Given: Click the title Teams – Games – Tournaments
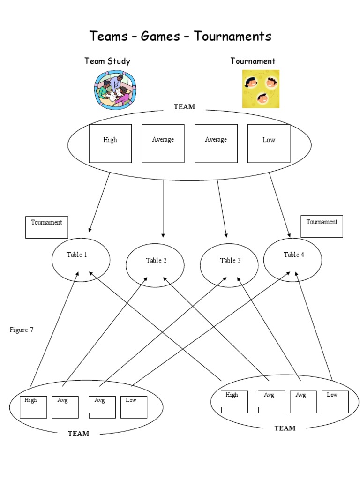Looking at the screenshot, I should click(180, 36).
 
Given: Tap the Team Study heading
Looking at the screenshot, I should click(107, 61).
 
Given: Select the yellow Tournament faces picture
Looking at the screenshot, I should click(261, 89).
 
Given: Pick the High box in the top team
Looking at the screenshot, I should click(110, 143).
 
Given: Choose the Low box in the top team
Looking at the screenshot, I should click(269, 143).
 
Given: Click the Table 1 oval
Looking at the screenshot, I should click(81, 260).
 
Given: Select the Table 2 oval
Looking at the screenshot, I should click(156, 265).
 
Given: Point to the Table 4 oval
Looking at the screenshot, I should click(293, 260).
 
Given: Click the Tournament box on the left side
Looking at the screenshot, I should click(46, 227).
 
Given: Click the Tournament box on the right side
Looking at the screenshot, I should click(322, 226).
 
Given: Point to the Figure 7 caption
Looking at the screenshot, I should click(22, 330).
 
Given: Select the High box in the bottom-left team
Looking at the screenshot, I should click(33, 407).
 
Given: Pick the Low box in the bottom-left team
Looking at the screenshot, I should click(134, 407).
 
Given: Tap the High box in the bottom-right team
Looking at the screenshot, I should click(234, 402).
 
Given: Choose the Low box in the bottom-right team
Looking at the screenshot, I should click(335, 402).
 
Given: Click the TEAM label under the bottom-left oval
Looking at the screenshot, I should click(78, 434).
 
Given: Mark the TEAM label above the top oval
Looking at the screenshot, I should click(184, 107).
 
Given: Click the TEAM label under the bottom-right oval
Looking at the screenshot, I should click(285, 428).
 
